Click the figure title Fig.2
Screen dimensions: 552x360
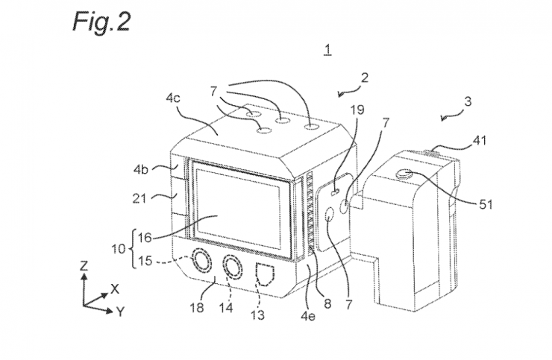(x=101, y=22)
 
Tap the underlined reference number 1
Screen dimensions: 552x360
(x=327, y=50)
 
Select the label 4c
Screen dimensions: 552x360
(x=173, y=98)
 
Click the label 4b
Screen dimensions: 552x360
(x=140, y=170)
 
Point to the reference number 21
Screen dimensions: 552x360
(x=139, y=198)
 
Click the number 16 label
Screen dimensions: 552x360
(x=144, y=238)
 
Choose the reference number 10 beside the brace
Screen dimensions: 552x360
(x=119, y=249)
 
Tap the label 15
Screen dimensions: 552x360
(x=145, y=261)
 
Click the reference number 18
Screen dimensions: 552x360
(x=197, y=308)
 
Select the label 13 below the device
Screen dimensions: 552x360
(x=257, y=315)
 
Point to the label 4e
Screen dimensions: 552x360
(x=307, y=316)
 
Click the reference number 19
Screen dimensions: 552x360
(x=357, y=110)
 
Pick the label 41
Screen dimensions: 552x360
(x=479, y=141)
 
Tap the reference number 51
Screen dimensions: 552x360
(x=486, y=204)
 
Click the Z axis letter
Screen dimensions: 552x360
(x=84, y=265)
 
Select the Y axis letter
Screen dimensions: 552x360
(x=121, y=311)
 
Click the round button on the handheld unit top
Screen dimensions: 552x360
(x=404, y=174)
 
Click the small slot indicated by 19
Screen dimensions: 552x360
(x=336, y=192)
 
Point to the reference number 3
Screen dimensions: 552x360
(x=468, y=102)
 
